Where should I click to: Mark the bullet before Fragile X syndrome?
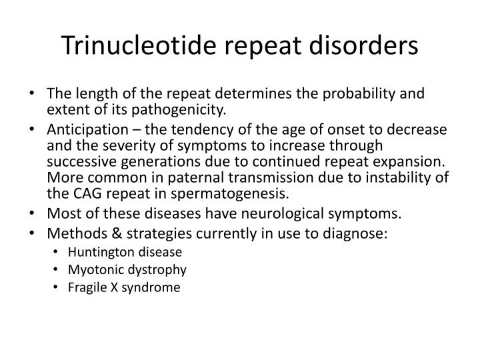(62, 288)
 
